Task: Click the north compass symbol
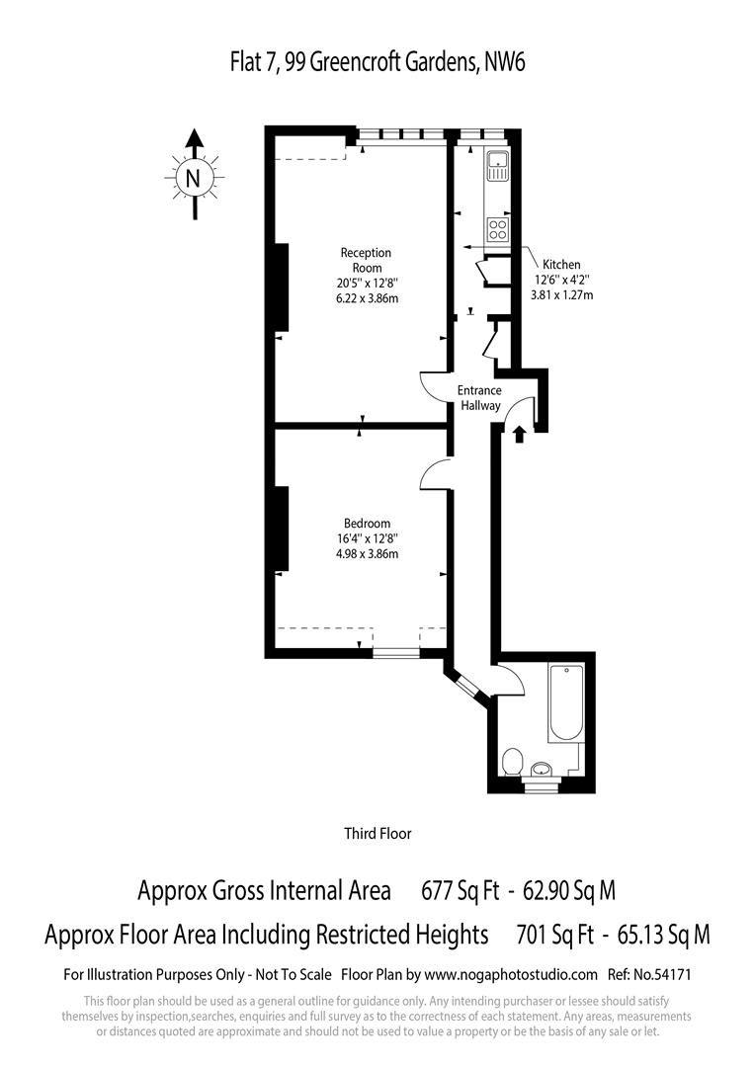click(x=194, y=178)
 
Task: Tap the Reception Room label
click(x=367, y=260)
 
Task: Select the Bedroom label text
click(x=367, y=524)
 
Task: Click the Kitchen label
click(x=561, y=265)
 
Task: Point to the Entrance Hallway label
click(x=479, y=398)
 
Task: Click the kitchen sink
click(x=496, y=165)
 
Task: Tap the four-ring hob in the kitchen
click(x=497, y=229)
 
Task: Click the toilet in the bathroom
click(x=512, y=762)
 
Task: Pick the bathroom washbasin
click(x=542, y=769)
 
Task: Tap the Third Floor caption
click(x=377, y=834)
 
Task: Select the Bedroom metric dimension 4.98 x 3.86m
click(x=367, y=554)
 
